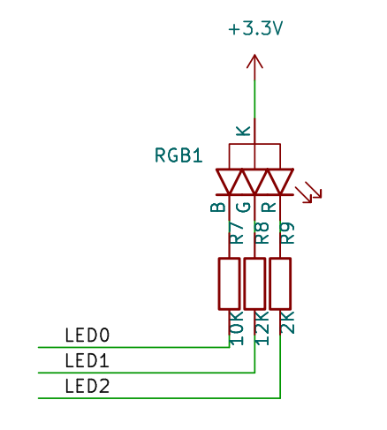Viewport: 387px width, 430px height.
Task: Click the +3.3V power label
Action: coord(255,29)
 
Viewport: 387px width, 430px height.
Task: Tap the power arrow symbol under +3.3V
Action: coord(254,62)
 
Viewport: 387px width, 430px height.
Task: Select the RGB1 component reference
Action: coord(178,155)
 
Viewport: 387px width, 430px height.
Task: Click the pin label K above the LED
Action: coord(243,131)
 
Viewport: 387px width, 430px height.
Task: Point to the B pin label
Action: coord(218,207)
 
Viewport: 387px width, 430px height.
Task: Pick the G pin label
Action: coord(243,207)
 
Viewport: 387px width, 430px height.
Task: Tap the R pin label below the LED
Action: coord(269,207)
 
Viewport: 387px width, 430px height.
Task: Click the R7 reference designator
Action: coord(236,233)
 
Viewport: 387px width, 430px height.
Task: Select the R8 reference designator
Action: coord(262,233)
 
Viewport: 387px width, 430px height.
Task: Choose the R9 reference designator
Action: coord(287,233)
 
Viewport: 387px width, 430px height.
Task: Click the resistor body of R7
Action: coord(229,283)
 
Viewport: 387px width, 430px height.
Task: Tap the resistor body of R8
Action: coord(254,283)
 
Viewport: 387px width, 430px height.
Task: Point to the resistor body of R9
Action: coord(280,283)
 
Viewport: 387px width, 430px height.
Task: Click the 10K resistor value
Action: coord(236,328)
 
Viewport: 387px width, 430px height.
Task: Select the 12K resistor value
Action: coord(262,328)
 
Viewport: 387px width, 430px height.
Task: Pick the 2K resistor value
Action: coord(287,322)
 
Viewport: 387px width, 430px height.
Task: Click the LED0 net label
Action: coord(87,336)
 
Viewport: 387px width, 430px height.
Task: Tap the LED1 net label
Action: coord(87,361)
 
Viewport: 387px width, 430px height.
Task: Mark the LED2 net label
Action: coord(87,386)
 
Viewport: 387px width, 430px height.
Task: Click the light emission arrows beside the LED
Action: coord(308,192)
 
